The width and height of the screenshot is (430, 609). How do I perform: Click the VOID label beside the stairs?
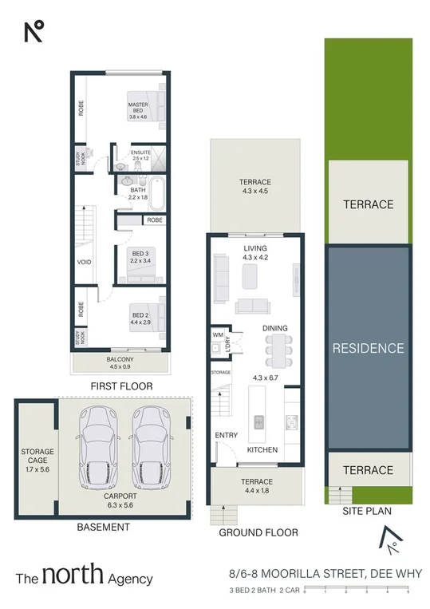tap(82, 261)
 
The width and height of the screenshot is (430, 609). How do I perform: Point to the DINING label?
tap(274, 328)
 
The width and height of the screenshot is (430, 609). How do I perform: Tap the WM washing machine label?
tap(217, 334)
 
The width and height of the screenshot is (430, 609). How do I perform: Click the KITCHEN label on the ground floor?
tap(262, 450)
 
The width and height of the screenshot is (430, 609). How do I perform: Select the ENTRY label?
tap(227, 435)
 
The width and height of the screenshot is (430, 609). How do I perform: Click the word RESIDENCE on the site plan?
tap(368, 348)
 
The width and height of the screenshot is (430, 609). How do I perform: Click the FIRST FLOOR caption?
tap(122, 386)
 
